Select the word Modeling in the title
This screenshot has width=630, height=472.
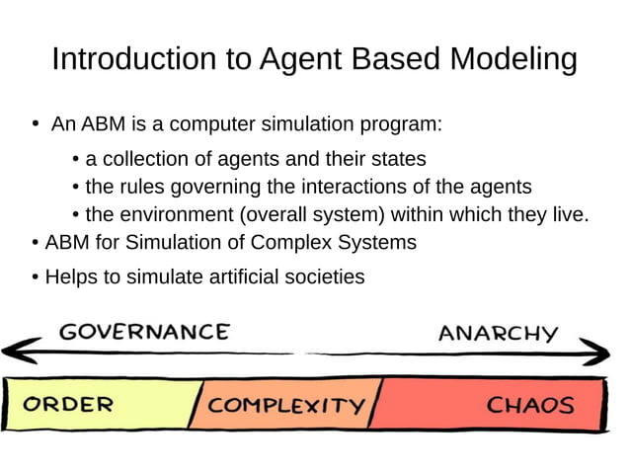pos(513,59)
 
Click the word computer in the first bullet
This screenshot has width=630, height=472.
pos(208,125)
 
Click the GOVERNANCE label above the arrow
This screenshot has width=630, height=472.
pos(143,332)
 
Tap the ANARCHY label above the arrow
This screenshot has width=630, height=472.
pos(498,333)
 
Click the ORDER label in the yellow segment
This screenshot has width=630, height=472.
pos(68,404)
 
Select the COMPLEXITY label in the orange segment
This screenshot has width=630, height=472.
pos(286,405)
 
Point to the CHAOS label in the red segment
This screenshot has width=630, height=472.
pos(530,404)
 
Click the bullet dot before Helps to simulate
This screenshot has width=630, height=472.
pos(36,277)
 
